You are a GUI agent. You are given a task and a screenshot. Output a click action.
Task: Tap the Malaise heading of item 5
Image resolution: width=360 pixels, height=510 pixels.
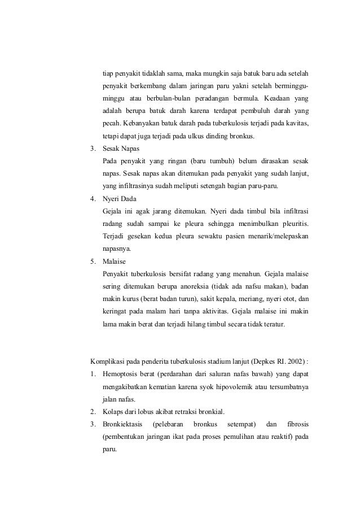114,261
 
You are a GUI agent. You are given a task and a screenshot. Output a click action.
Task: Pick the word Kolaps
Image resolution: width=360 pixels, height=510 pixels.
113,411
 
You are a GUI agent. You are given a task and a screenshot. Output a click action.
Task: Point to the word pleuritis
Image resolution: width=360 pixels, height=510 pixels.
299,224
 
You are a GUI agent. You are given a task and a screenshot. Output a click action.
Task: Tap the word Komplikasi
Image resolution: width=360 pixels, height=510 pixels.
110,361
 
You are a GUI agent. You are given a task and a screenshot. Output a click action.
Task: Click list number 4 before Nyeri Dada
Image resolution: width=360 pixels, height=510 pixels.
93,199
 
